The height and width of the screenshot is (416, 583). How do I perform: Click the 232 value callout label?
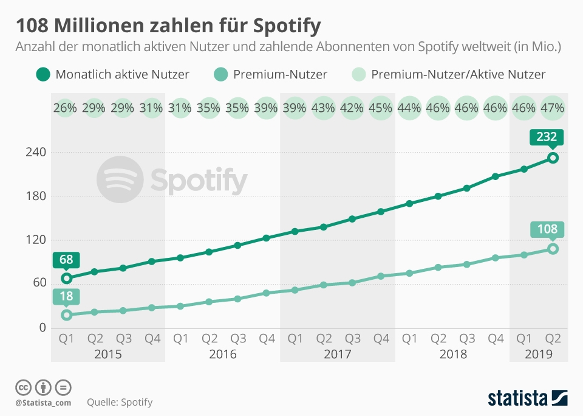tap(547, 137)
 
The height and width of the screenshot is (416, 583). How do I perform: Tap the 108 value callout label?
tap(547, 230)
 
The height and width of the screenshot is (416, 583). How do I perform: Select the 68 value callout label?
tap(66, 260)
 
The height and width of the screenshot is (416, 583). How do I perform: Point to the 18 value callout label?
tap(66, 297)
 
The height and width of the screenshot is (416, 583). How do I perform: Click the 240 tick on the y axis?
tap(35, 152)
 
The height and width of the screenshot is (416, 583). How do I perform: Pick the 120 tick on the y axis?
tap(35, 240)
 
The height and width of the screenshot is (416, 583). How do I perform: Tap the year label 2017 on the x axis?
tap(338, 354)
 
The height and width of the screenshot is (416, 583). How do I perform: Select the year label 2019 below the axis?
tap(539, 354)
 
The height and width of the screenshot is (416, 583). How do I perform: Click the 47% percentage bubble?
tap(553, 108)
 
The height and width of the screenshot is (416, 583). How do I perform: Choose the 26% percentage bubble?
tap(66, 108)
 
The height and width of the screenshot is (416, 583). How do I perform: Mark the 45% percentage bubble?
tap(381, 108)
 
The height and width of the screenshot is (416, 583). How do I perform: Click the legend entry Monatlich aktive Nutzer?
tap(112, 75)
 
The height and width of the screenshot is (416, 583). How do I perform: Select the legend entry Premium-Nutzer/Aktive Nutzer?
tap(449, 75)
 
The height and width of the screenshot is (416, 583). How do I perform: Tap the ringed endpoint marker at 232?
tap(553, 158)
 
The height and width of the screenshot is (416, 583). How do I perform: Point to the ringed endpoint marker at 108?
tap(553, 249)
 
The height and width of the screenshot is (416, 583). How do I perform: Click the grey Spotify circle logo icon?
tap(120, 179)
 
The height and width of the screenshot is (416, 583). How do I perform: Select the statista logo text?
tap(516, 398)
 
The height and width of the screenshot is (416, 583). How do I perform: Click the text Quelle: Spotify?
tap(120, 402)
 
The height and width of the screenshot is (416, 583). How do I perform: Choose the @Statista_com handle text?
tap(43, 402)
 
